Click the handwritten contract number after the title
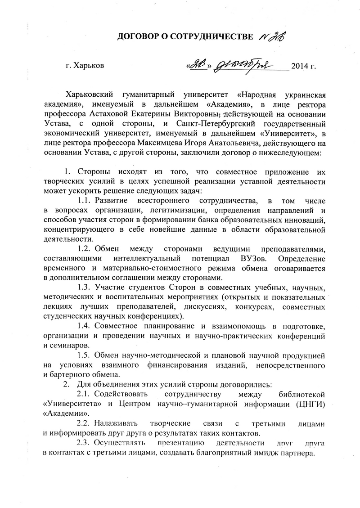274,36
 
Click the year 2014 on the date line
300,66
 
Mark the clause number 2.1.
85,395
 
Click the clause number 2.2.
85,424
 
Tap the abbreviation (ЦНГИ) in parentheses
311,404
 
